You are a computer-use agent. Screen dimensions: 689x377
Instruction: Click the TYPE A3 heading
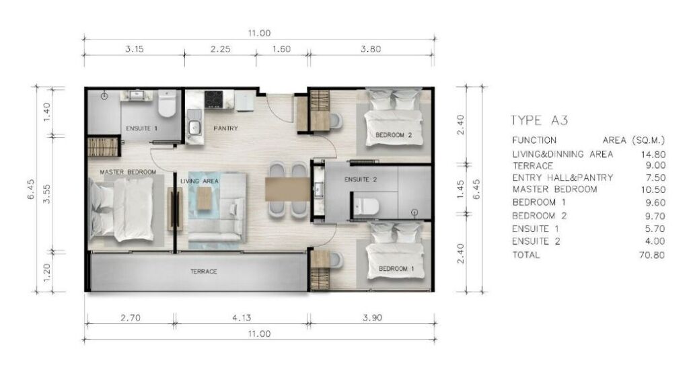pos(540,120)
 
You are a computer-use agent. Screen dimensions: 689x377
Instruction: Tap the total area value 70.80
pos(652,255)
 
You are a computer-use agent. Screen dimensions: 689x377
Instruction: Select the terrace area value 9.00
pos(655,165)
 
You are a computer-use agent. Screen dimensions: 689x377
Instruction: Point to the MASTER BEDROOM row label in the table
pos(554,190)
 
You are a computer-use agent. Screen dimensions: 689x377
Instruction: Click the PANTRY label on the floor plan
pos(225,128)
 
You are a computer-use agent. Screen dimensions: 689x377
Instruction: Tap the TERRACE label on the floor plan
pos(203,271)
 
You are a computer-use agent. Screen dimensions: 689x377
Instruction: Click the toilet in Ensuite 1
pos(167,103)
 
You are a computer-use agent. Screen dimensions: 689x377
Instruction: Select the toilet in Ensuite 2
pos(366,206)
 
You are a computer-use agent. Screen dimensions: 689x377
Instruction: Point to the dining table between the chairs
pos(288,189)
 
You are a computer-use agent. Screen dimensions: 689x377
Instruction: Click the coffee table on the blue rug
pos(204,198)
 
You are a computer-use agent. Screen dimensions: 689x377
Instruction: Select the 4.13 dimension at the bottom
pos(242,318)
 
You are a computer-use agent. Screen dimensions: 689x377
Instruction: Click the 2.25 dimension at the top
pos(220,49)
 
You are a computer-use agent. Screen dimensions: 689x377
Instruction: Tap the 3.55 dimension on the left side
pos(47,194)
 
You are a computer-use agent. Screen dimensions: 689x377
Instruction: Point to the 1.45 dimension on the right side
pos(460,189)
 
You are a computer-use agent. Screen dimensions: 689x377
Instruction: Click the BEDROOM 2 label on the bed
pos(393,135)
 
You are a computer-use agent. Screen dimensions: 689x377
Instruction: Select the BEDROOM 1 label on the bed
pos(396,269)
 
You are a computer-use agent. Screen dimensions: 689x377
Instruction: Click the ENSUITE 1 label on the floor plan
pos(141,128)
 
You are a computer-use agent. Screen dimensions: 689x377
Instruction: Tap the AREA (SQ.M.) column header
pos(634,140)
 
